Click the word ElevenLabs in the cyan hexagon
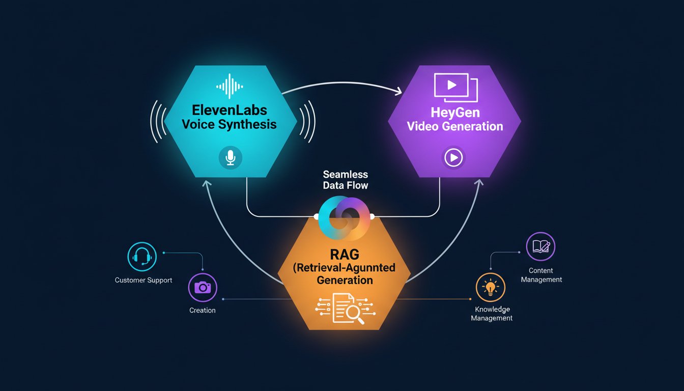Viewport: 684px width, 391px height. click(230, 109)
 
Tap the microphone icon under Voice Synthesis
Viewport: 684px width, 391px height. click(231, 157)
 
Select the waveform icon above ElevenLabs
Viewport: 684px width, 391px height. click(231, 86)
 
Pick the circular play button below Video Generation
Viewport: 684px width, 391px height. click(452, 158)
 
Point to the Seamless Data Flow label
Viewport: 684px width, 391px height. click(346, 180)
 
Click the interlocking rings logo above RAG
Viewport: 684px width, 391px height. click(346, 218)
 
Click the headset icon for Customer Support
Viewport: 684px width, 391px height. click(141, 257)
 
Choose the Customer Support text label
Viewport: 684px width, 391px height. click(144, 280)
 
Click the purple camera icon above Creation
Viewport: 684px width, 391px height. click(203, 287)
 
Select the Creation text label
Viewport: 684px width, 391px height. click(203, 310)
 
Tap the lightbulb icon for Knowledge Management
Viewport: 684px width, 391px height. click(491, 287)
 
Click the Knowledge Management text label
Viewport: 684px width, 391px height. click(492, 314)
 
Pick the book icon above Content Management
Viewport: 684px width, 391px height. click(540, 247)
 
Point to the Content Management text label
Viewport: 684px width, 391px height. click(541, 275)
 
